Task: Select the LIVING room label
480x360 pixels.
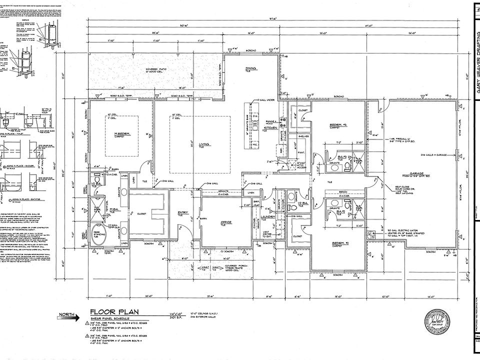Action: [x=201, y=145]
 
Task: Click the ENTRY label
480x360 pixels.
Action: [x=183, y=213]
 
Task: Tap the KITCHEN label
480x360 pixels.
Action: [x=270, y=128]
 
